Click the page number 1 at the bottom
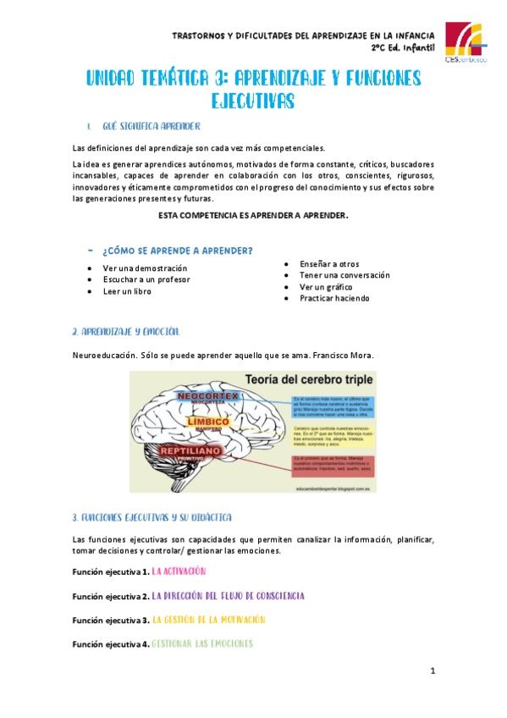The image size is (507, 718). tap(433, 671)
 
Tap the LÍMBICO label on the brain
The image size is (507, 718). tap(208, 422)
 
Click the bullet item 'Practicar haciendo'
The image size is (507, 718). tap(334, 298)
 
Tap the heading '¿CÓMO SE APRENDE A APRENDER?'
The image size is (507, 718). tap(176, 251)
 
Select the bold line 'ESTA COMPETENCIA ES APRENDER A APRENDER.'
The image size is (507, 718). tap(253, 216)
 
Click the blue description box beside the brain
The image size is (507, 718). tap(333, 406)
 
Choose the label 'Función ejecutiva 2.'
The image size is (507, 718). tap(111, 596)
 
